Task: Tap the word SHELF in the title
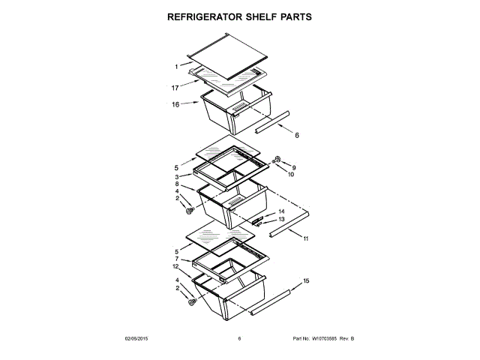(266, 16)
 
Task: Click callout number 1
(176, 67)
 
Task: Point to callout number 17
(175, 87)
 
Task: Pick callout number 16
(175, 104)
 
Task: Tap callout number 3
(177, 176)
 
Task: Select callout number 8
(177, 184)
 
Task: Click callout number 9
(294, 167)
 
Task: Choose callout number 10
(292, 175)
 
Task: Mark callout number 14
(281, 211)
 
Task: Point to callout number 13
(281, 219)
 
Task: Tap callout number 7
(177, 259)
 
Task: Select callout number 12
(175, 266)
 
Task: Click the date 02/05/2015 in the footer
(137, 339)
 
